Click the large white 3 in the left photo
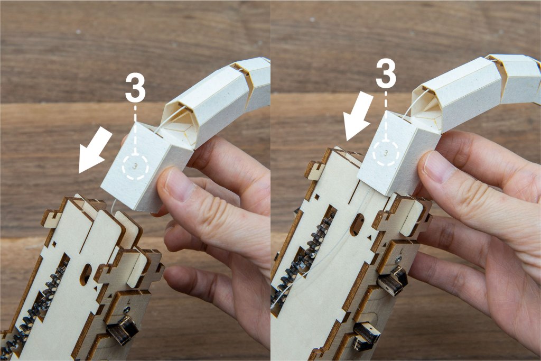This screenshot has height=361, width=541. (135, 88)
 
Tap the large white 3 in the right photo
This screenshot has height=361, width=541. (386, 73)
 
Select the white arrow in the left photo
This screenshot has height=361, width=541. (95, 149)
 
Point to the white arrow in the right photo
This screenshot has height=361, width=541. (359, 116)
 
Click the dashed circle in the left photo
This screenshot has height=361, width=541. (135, 166)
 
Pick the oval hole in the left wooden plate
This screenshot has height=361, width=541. (86, 274)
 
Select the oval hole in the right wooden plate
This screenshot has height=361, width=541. (358, 225)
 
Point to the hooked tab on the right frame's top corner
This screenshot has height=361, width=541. (315, 170)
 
